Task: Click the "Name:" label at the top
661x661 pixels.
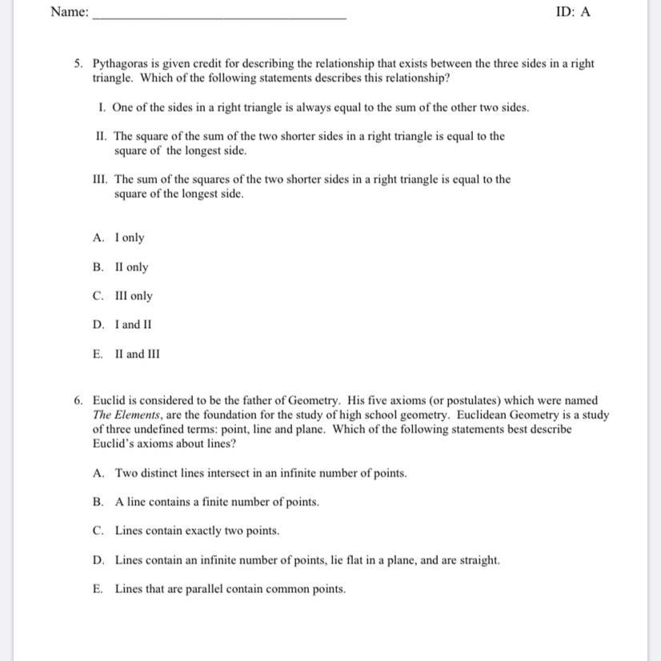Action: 69,12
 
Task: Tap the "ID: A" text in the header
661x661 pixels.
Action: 573,12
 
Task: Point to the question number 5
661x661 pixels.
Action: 78,63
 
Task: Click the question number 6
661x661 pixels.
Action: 78,400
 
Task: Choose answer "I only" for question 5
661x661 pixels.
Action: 130,238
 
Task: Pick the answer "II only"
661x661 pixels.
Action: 131,267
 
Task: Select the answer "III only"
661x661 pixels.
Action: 134,296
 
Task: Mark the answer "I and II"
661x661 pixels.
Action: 133,325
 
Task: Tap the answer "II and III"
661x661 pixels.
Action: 137,354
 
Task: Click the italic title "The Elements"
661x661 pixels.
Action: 125,415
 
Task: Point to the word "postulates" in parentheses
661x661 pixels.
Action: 445,400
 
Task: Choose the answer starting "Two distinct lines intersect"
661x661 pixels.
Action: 261,473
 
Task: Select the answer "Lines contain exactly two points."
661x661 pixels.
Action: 197,531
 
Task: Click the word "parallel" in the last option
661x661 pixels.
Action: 188,589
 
